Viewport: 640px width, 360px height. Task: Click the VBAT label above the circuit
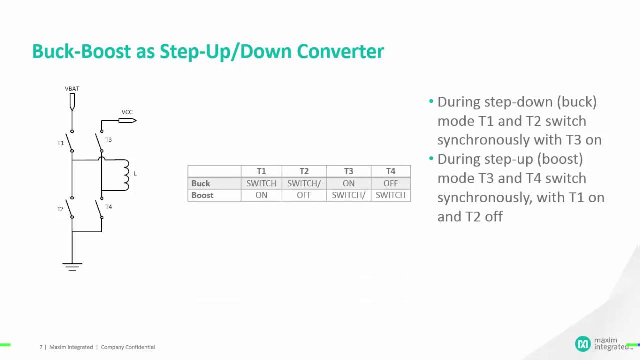point(72,89)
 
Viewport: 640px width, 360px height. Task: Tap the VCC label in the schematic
point(127,112)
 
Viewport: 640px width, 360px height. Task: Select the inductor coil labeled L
point(124,174)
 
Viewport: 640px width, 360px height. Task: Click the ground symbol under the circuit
point(72,266)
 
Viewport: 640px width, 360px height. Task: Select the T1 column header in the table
point(261,171)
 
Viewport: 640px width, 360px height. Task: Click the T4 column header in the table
point(390,171)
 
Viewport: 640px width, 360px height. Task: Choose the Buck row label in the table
point(201,183)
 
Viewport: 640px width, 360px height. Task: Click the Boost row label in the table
point(202,195)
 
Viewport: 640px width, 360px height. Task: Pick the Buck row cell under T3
point(348,183)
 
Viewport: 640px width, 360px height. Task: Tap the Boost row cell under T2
point(304,195)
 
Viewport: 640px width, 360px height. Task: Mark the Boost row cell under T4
point(390,195)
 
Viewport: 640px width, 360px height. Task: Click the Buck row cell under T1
point(261,183)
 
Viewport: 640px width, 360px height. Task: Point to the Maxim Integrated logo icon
point(582,344)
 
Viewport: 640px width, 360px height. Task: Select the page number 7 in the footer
point(41,347)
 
